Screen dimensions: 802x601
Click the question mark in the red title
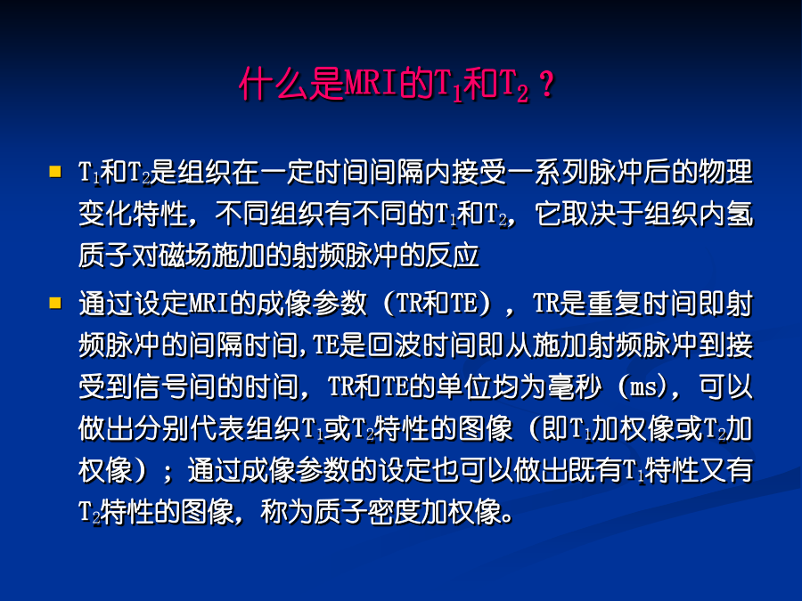pyautogui.click(x=547, y=84)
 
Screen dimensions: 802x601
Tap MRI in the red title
pyautogui.click(x=372, y=84)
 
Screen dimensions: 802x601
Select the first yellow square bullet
pyautogui.click(x=55, y=171)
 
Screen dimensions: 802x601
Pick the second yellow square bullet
pyautogui.click(x=55, y=303)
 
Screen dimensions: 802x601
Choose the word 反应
pyautogui.click(x=452, y=256)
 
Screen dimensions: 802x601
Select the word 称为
pyautogui.click(x=287, y=512)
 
